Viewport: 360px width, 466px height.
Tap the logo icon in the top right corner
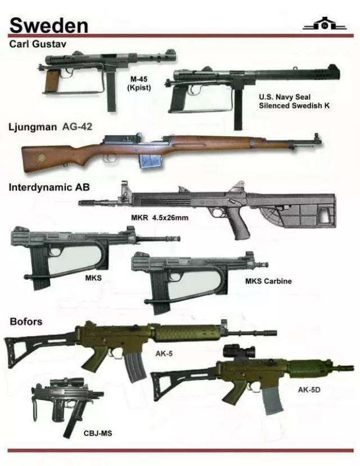tap(325, 24)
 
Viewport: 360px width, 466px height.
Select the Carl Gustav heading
tap(38, 44)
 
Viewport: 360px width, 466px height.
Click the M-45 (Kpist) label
tap(139, 83)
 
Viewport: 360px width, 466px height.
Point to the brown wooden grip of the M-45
tap(51, 80)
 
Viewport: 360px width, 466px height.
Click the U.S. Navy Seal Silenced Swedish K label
tap(294, 101)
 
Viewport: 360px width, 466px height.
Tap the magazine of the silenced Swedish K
tap(237, 109)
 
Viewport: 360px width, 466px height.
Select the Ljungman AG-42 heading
tap(51, 127)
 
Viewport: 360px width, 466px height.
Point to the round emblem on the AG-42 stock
tap(39, 160)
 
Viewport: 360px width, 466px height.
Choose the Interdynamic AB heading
tap(49, 187)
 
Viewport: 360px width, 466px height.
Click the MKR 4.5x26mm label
tap(160, 218)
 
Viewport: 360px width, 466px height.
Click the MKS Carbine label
tap(268, 281)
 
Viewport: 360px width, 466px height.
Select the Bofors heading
tap(26, 321)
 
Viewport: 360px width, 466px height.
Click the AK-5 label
tap(164, 353)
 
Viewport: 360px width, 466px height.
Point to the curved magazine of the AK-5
tap(135, 368)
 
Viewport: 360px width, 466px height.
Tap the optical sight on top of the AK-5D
tap(239, 352)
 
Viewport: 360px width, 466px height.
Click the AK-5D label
tap(309, 389)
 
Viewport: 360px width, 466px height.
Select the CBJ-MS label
tap(98, 433)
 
